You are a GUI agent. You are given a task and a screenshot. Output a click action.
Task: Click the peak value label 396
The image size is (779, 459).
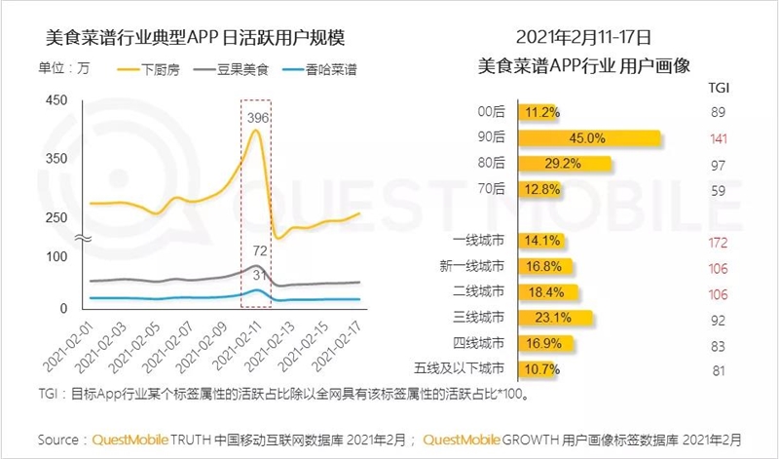[258, 118]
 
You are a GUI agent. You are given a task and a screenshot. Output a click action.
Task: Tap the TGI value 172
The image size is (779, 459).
[720, 241]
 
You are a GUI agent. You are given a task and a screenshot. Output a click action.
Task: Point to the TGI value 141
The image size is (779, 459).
[720, 138]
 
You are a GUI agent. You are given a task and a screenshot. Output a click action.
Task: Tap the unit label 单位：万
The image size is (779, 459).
[64, 69]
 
